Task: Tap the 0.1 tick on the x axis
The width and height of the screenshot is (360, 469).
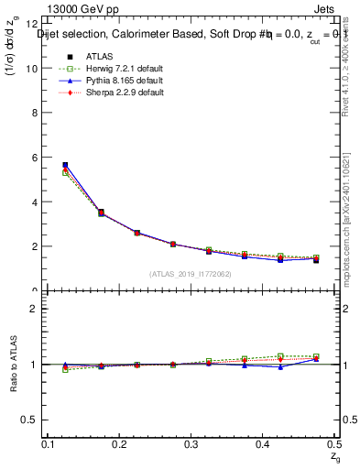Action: click(50, 444)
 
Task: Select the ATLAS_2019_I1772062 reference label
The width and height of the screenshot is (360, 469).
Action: click(191, 274)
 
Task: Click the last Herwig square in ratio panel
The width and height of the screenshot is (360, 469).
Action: click(316, 356)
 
